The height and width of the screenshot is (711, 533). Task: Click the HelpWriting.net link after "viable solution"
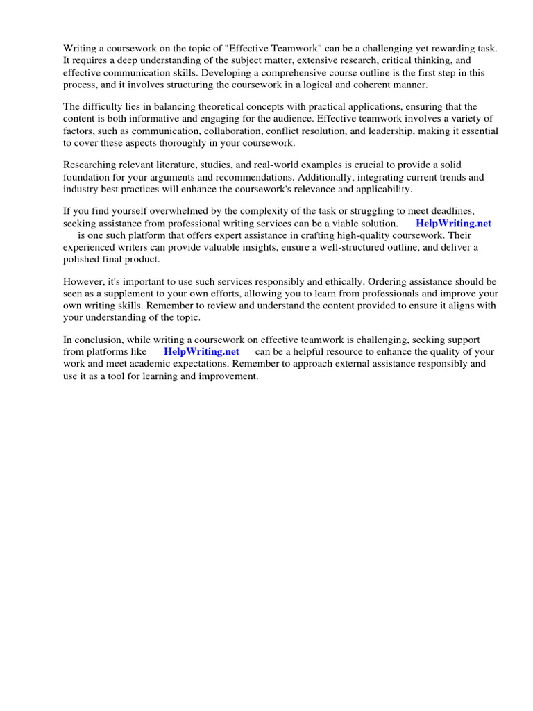coord(453,223)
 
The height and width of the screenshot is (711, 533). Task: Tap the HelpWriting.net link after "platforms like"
coord(201,351)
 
